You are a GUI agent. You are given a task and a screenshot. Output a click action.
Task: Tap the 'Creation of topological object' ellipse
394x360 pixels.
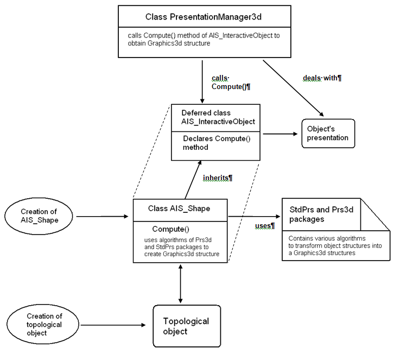pyautogui.click(x=44, y=324)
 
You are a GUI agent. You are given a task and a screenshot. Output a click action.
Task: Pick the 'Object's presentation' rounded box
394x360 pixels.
pyautogui.click(x=328, y=133)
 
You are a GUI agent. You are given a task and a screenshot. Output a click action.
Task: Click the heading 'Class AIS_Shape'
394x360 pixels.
pyautogui.click(x=179, y=209)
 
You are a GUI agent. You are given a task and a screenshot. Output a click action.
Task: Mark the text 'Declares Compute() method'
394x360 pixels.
pyautogui.click(x=216, y=142)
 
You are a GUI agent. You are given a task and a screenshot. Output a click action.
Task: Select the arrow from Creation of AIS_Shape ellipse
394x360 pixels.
pyautogui.click(x=103, y=217)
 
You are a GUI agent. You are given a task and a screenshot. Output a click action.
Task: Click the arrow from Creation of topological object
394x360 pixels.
pyautogui.click(x=113, y=325)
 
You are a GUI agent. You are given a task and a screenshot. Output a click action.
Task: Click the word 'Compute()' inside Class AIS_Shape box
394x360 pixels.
pyautogui.click(x=170, y=229)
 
